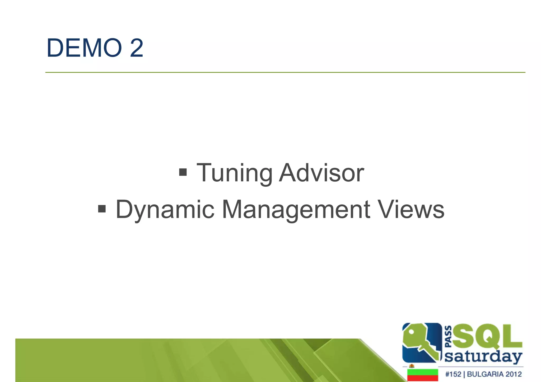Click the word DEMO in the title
pos(84,48)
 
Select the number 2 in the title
pos(137,48)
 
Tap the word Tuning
pos(234,173)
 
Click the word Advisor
pos(322,173)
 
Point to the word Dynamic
pos(165,210)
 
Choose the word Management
pos(296,210)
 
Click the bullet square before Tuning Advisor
pos(183,172)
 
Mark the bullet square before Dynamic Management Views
pos(102,209)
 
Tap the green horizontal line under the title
pos(285,72)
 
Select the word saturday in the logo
pos(483,357)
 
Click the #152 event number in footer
pos(453,374)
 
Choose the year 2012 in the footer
pos(514,374)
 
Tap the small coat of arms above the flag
pos(411,366)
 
